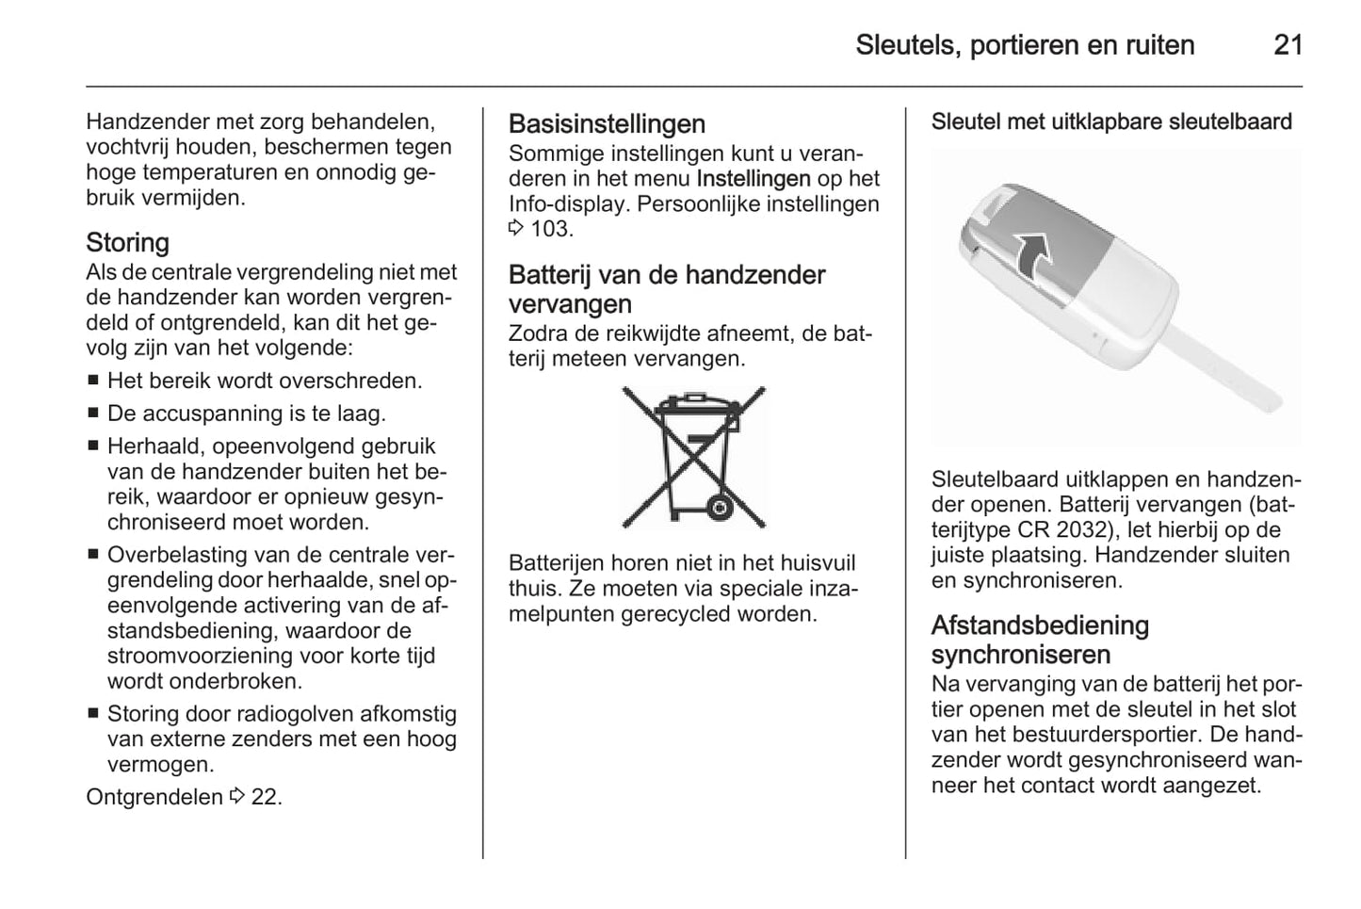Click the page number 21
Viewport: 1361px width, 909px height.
(x=1288, y=45)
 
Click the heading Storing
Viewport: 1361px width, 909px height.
(x=127, y=243)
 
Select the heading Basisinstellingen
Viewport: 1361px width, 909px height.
(x=607, y=124)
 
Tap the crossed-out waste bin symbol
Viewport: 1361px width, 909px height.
(x=694, y=457)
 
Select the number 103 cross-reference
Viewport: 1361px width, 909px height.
(x=550, y=229)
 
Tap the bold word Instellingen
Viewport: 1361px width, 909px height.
(x=753, y=179)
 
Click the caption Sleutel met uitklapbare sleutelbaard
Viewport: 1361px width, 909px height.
(x=1111, y=122)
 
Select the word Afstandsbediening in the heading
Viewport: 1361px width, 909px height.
(x=1040, y=625)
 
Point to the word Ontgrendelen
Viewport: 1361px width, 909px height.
(x=154, y=797)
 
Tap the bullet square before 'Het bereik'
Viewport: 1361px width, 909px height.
(x=93, y=382)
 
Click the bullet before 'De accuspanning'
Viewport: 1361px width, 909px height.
(x=93, y=414)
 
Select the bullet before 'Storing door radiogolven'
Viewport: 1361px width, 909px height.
(x=93, y=715)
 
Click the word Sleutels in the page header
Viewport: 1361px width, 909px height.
(x=904, y=45)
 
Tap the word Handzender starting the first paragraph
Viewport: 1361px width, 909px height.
(x=146, y=122)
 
